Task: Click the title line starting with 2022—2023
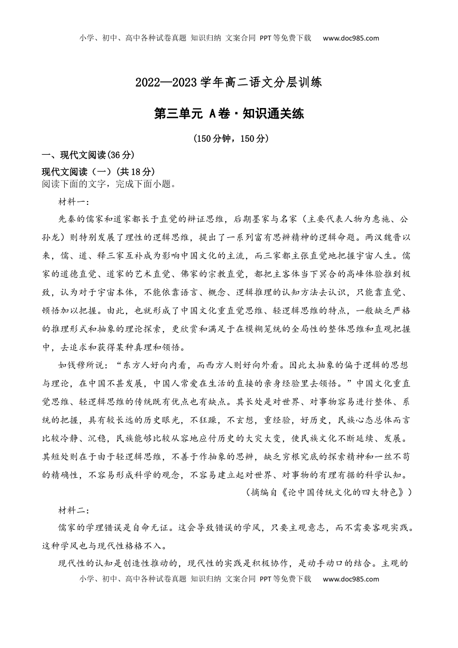pyautogui.click(x=229, y=82)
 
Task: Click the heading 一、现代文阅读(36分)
pyautogui.click(x=88, y=155)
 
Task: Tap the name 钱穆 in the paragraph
pyautogui.click(x=87, y=365)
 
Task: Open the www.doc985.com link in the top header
pyautogui.click(x=350, y=38)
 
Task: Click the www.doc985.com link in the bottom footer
pyautogui.click(x=350, y=579)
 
